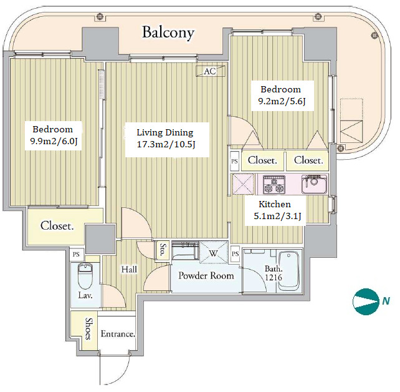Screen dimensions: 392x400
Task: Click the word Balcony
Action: coord(168,32)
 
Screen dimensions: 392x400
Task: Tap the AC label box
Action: coord(210,71)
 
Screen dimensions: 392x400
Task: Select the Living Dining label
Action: coord(164,132)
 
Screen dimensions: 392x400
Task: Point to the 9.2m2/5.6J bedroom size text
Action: coord(281,100)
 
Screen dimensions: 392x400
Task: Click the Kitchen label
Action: coord(275,204)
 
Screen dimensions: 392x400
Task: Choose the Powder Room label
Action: coord(206,275)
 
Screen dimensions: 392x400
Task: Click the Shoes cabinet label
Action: coord(90,329)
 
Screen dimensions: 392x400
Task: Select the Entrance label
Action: coord(118,334)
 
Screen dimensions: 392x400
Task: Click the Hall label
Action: coord(129,269)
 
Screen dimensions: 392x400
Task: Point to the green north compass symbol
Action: coord(366,301)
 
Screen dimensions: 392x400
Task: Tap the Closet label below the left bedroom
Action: coord(57,226)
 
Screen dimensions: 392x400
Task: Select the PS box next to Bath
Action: coord(236,254)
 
